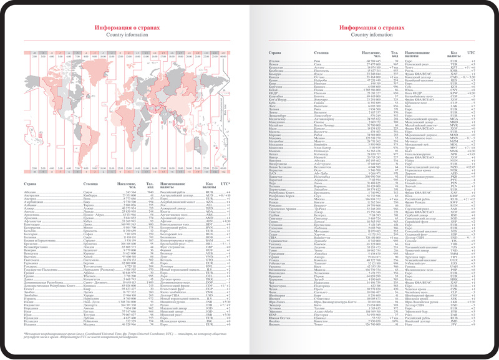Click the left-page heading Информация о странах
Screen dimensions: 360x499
(x=127, y=28)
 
